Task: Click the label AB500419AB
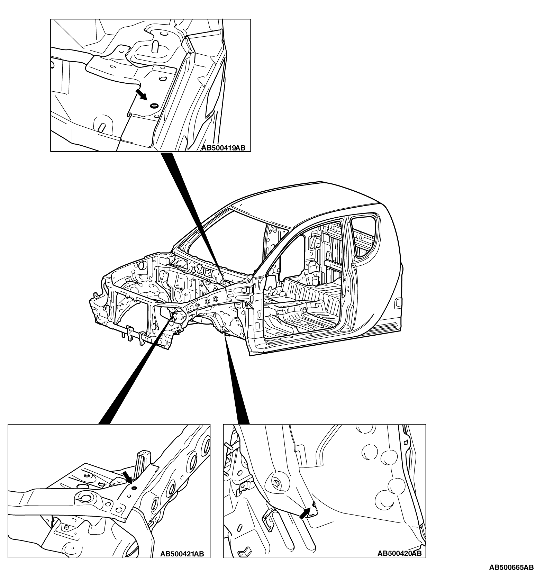(223, 148)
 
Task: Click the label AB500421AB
(182, 554)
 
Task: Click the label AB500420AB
(399, 553)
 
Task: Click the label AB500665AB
(511, 567)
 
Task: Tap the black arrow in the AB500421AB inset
(127, 477)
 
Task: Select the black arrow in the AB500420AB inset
(304, 513)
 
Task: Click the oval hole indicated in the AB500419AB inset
(153, 105)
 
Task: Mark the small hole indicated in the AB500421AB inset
(134, 488)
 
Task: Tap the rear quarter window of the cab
(365, 235)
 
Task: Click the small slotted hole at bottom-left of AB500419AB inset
(101, 127)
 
